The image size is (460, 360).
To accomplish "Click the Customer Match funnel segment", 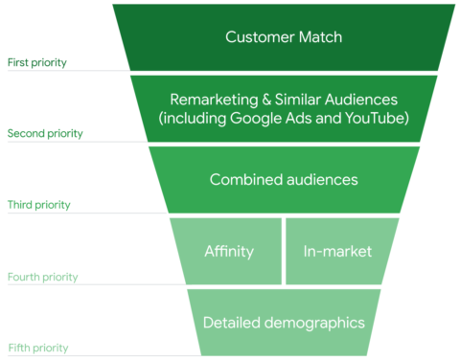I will [284, 37].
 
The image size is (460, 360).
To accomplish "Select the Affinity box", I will [228, 252].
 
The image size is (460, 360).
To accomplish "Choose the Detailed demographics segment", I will [284, 323].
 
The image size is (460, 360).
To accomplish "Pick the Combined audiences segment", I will [284, 179].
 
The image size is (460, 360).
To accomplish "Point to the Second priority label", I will [45, 134].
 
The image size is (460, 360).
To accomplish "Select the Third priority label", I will [38, 205].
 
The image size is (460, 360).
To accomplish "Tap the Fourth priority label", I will [42, 277].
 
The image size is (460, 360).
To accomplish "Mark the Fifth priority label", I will [38, 348].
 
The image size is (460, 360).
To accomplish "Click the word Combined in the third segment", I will [246, 179].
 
